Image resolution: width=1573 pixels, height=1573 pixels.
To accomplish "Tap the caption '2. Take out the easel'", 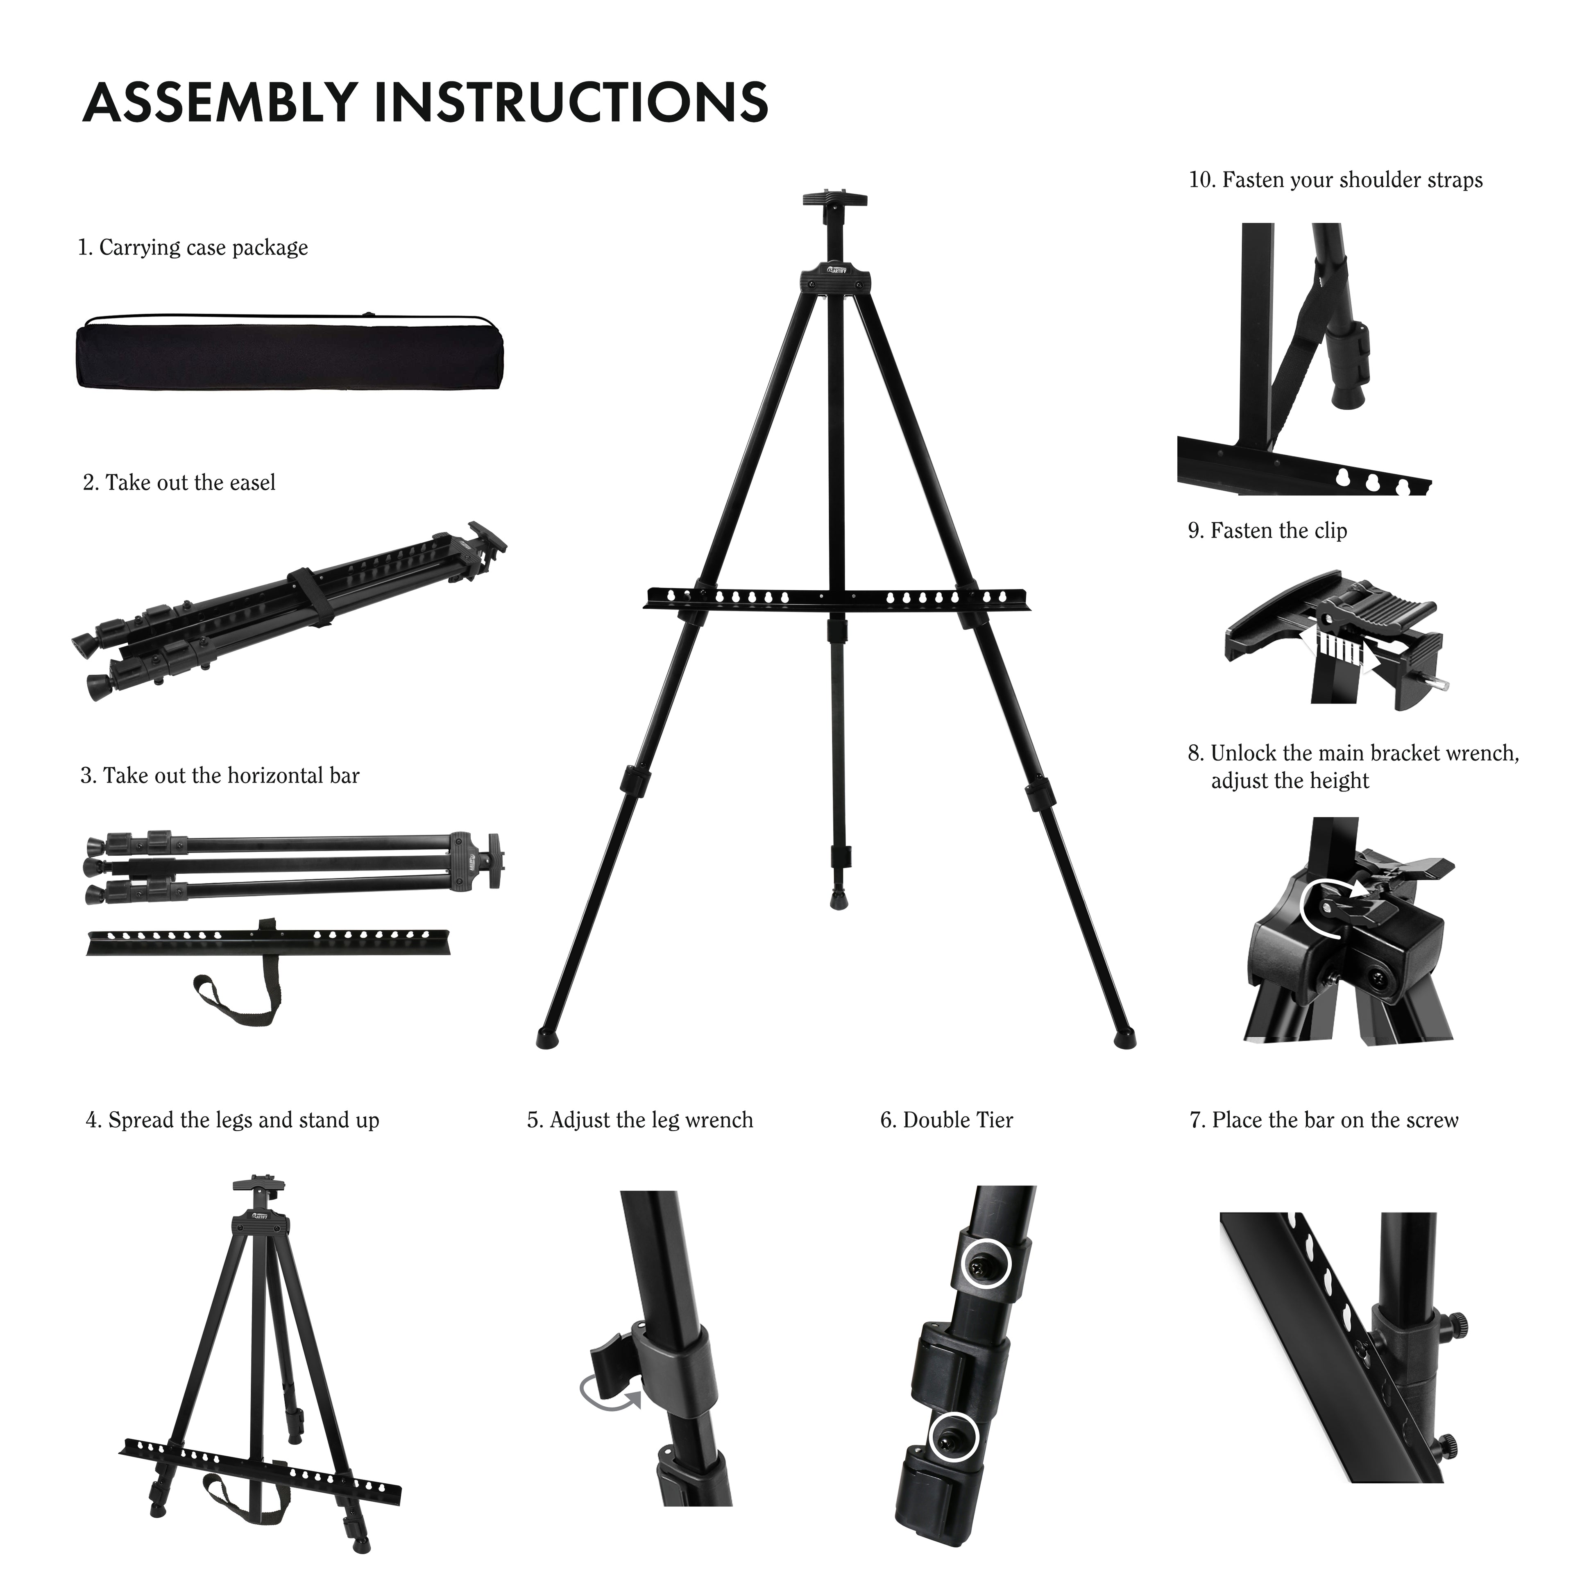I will pos(179,483).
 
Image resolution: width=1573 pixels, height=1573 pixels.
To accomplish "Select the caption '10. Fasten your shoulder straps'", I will pos(1335,180).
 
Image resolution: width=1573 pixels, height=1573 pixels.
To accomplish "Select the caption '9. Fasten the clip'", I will pos(1267,531).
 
